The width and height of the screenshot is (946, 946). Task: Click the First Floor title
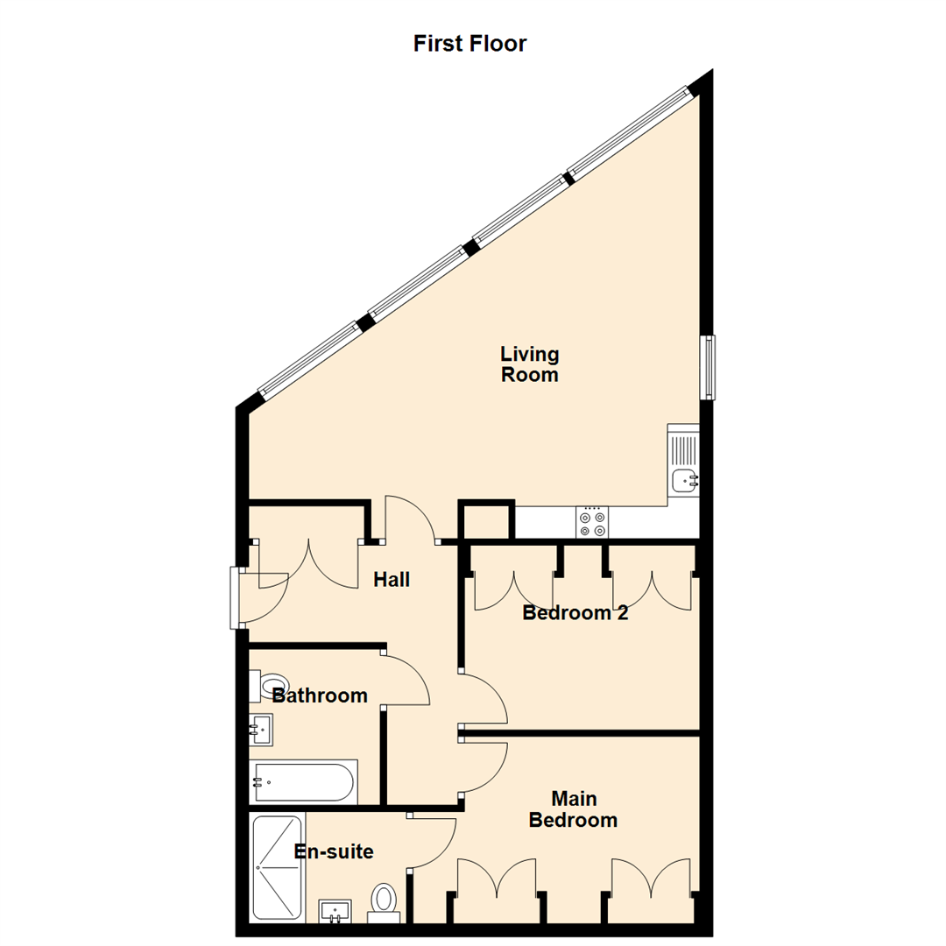pyautogui.click(x=469, y=43)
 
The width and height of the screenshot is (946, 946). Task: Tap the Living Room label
pyautogui.click(x=529, y=364)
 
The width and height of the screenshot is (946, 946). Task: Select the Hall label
pyautogui.click(x=392, y=579)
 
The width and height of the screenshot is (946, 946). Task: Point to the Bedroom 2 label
pyautogui.click(x=575, y=613)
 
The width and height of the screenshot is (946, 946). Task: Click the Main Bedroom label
pyautogui.click(x=574, y=810)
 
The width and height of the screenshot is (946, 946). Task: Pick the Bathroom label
pyautogui.click(x=319, y=696)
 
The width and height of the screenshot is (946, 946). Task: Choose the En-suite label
pyautogui.click(x=333, y=851)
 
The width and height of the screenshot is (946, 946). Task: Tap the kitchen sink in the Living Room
pyautogui.click(x=683, y=480)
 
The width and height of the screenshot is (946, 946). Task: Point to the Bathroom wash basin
pyautogui.click(x=261, y=727)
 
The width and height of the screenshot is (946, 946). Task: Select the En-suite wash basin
pyautogui.click(x=335, y=911)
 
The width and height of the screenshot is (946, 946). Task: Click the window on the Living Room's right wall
pyautogui.click(x=707, y=367)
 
